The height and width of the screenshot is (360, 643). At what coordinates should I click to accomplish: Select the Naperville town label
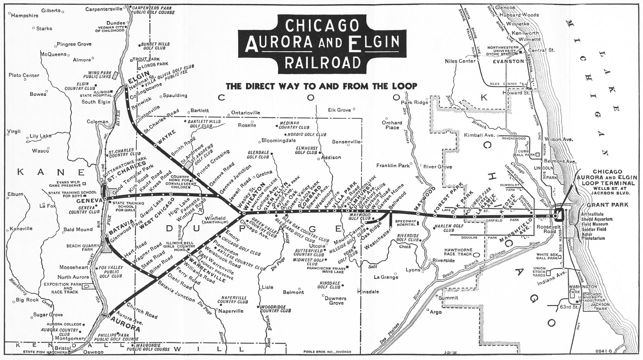[231, 311]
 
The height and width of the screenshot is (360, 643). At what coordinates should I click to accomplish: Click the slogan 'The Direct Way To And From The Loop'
[321, 86]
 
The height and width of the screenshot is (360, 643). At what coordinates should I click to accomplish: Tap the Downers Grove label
[336, 301]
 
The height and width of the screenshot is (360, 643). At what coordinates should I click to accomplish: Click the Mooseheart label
[74, 267]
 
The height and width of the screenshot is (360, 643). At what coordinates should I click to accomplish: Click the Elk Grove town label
[340, 110]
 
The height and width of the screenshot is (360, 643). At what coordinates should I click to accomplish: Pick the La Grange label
[386, 277]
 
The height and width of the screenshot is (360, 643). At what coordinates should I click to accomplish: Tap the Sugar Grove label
[48, 315]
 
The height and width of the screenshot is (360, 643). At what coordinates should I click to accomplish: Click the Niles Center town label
[460, 61]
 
